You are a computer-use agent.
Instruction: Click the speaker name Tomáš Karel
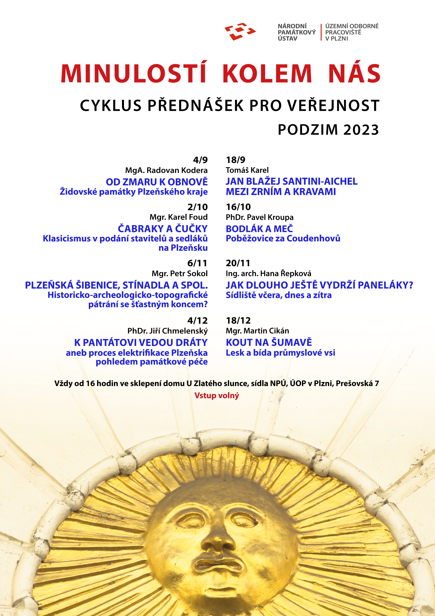247,170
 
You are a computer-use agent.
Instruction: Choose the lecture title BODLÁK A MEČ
259,229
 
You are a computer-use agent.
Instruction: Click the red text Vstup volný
217,395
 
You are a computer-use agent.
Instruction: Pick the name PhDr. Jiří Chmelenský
168,331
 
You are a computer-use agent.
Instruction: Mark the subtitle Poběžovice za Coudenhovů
283,238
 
